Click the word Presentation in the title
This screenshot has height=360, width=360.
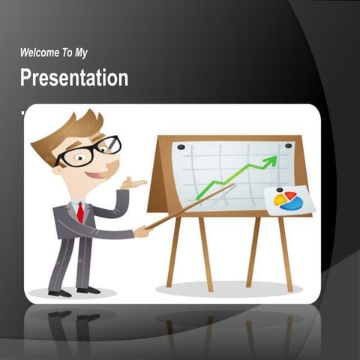click(x=73, y=78)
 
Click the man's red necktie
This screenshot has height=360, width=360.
click(x=79, y=212)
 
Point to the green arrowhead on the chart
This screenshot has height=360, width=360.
click(x=271, y=160)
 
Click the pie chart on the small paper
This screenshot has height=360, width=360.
click(x=289, y=200)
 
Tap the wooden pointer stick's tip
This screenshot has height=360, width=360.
click(x=232, y=185)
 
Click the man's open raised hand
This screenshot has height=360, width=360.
click(x=132, y=183)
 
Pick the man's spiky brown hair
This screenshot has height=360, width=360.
click(x=71, y=130)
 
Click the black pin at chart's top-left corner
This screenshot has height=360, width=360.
click(x=179, y=147)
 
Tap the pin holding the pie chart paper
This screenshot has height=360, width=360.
click(x=279, y=190)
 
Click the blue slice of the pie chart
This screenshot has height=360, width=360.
click(x=293, y=203)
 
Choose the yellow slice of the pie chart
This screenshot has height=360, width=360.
click(x=280, y=200)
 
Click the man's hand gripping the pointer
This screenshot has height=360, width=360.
click(x=140, y=232)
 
